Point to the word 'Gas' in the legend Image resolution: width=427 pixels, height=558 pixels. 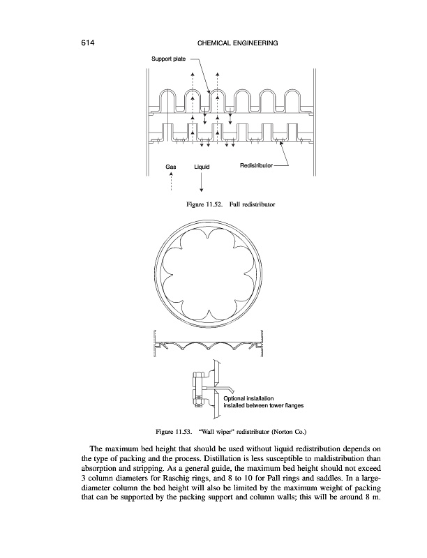point(171,167)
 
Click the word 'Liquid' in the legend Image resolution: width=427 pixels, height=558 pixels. point(201,167)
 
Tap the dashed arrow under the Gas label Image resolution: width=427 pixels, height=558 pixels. point(171,183)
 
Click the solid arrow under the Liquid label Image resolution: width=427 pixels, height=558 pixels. point(201,183)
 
